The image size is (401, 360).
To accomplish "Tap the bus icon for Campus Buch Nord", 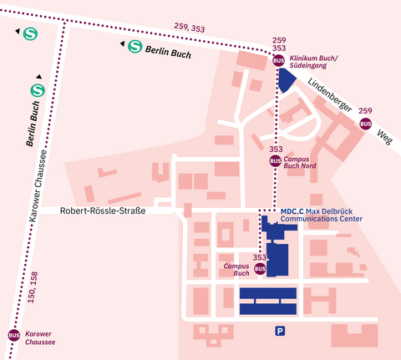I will [x=275, y=161].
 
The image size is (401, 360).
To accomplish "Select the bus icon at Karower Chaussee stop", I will [x=13, y=335].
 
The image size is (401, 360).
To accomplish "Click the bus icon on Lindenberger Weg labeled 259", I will [x=365, y=124].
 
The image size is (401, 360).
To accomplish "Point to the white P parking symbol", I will [x=281, y=332].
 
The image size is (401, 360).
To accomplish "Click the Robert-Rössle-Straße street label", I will [x=103, y=211].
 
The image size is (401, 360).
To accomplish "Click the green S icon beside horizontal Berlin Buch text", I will [x=135, y=47].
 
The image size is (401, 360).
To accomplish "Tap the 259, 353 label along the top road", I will [x=189, y=28].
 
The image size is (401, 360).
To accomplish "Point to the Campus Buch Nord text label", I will [x=300, y=162].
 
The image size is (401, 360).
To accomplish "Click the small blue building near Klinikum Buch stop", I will [x=287, y=79].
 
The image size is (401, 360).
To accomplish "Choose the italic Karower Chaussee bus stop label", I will [x=40, y=337].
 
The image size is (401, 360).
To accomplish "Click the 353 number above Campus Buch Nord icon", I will [x=275, y=150].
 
